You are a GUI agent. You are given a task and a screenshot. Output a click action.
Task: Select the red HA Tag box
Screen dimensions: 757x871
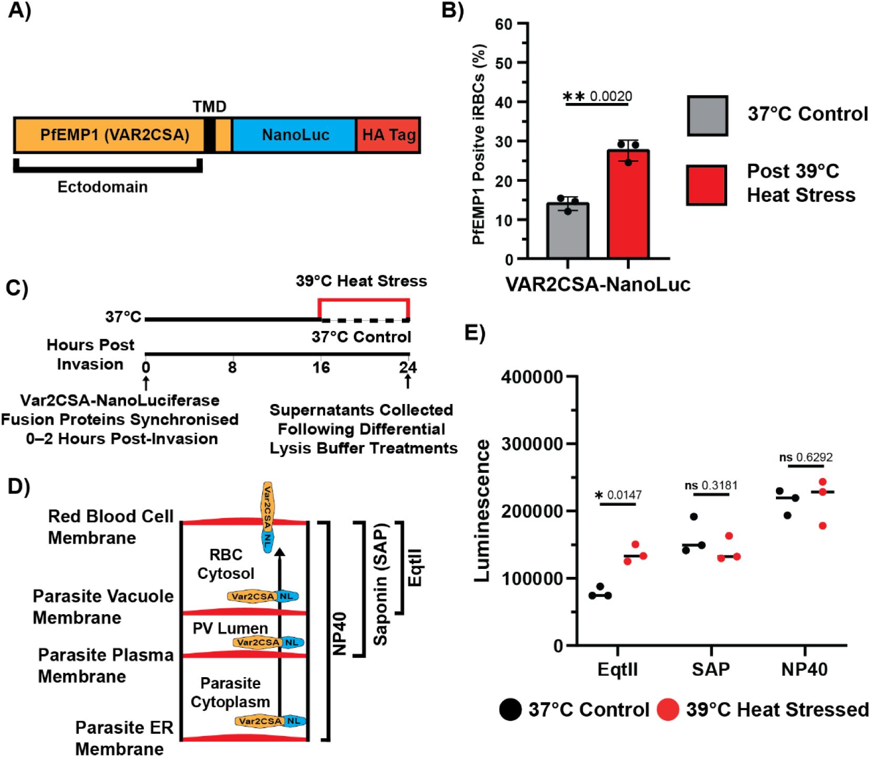point(388,136)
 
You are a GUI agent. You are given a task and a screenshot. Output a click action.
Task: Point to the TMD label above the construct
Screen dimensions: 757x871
point(209,107)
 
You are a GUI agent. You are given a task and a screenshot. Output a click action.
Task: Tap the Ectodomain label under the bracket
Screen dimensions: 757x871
point(102,187)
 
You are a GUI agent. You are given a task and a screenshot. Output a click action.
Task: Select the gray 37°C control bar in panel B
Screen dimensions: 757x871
point(567,231)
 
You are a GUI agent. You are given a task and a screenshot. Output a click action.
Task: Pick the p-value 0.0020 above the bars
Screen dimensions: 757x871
point(611,96)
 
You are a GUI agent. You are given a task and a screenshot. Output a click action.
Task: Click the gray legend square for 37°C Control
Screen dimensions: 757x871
point(707,116)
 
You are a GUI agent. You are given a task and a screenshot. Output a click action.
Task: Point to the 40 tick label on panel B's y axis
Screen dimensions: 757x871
point(504,102)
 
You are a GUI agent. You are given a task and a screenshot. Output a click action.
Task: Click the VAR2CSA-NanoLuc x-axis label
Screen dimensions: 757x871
point(598,284)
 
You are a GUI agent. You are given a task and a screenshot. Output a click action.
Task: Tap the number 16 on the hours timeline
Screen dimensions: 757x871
point(320,367)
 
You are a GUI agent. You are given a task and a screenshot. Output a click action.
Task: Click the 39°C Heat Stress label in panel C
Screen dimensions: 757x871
point(361,281)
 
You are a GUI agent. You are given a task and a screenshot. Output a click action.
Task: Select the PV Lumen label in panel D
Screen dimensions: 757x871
point(230,628)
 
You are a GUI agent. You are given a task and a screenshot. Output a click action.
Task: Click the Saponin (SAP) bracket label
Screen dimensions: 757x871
point(380,584)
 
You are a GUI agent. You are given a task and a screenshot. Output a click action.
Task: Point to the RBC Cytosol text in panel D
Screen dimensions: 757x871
point(225,564)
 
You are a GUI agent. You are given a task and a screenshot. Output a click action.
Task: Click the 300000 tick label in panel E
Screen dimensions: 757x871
point(532,444)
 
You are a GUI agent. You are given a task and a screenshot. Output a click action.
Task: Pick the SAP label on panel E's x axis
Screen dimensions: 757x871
point(711,669)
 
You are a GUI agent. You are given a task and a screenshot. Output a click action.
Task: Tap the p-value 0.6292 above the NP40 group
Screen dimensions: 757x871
point(815,457)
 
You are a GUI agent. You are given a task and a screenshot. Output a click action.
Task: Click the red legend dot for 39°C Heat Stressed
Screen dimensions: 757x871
point(668,710)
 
